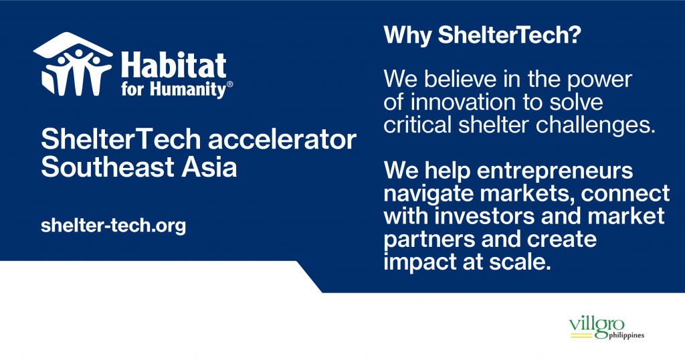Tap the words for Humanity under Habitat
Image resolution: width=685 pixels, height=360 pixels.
pyautogui.click(x=173, y=90)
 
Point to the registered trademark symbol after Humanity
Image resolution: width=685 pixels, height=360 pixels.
pyautogui.click(x=230, y=84)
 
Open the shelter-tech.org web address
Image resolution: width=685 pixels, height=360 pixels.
pyautogui.click(x=113, y=226)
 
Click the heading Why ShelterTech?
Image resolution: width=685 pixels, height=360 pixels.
pyautogui.click(x=482, y=35)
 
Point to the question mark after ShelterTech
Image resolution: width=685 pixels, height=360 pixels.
pyautogui.click(x=575, y=34)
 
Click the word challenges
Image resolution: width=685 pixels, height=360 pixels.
pyautogui.click(x=595, y=126)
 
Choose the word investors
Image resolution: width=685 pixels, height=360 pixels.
pyautogui.click(x=485, y=217)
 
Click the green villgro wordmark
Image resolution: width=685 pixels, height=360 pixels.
pyautogui.click(x=597, y=327)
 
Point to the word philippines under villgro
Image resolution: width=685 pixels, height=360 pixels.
pyautogui.click(x=626, y=335)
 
